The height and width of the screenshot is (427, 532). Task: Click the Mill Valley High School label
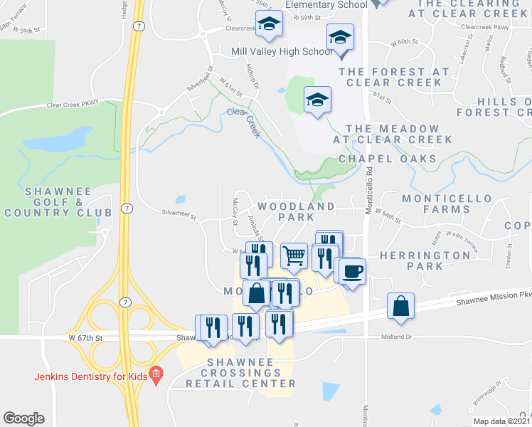click(282, 51)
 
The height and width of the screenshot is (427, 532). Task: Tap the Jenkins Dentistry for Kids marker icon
click(157, 373)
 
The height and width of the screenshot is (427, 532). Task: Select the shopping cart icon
click(294, 254)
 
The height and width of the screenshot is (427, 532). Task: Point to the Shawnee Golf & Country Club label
click(58, 202)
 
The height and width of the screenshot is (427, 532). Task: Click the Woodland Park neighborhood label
click(295, 211)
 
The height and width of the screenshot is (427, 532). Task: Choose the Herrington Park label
click(435, 260)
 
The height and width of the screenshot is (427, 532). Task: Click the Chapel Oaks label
click(388, 159)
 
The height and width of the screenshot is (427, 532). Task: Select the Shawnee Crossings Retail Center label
click(240, 373)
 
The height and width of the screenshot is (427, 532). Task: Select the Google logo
click(23, 418)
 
